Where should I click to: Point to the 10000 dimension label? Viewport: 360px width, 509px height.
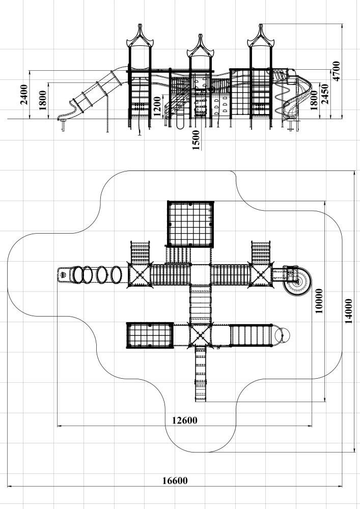(319, 301)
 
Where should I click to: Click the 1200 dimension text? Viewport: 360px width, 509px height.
(157, 106)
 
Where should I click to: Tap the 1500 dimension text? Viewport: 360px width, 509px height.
(196, 139)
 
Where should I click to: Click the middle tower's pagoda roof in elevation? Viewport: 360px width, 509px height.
(199, 46)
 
